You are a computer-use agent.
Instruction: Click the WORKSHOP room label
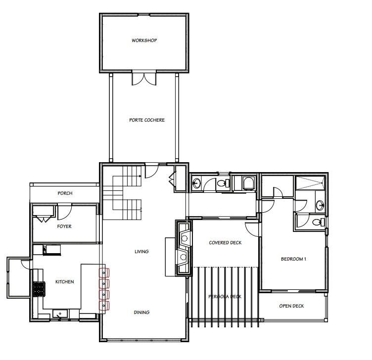click(144, 40)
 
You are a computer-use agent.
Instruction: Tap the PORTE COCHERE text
click(146, 120)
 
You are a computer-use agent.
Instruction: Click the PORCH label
click(65, 193)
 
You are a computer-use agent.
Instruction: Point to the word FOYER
click(64, 226)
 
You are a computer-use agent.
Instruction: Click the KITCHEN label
click(64, 282)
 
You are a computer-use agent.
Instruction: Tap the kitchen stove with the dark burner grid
click(39, 288)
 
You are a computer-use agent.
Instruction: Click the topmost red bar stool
click(104, 272)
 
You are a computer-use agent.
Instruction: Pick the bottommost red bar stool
click(104, 305)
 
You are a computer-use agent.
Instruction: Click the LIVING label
click(141, 252)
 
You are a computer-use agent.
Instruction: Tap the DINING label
click(141, 313)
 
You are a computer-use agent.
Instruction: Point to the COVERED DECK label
click(225, 243)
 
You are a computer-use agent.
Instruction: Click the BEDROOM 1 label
click(294, 259)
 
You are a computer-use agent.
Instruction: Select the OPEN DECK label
click(291, 306)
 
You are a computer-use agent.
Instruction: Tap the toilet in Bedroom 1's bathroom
click(320, 221)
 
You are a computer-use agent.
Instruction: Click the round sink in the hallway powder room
click(196, 183)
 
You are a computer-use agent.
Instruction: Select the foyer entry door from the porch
click(64, 212)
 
